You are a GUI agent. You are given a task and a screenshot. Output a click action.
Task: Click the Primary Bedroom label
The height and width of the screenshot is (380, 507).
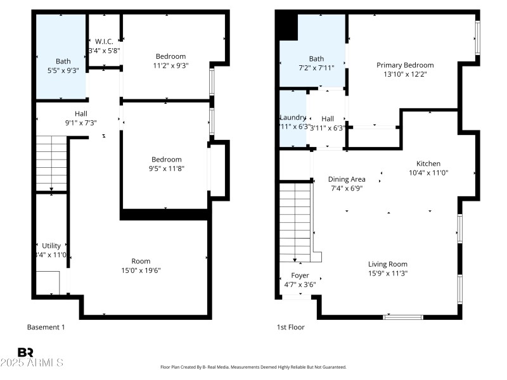tap(405, 65)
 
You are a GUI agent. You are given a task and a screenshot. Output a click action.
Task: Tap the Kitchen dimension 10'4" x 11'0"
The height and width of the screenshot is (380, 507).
tap(428, 172)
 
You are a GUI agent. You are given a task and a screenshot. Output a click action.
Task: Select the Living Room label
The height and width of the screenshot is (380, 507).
tap(387, 264)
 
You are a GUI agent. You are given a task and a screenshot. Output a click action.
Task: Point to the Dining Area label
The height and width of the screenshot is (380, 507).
tap(346, 179)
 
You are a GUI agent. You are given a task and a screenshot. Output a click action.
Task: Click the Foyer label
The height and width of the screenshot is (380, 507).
tap(300, 275)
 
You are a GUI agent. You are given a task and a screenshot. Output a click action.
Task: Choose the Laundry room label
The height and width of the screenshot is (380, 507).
tap(293, 118)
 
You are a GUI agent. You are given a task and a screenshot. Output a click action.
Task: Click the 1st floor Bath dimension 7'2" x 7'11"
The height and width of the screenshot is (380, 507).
tap(316, 68)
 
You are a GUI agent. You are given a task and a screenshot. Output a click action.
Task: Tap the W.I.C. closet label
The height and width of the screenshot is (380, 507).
tap(104, 41)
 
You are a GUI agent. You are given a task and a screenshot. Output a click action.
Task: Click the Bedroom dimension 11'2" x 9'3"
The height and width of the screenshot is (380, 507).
tap(170, 65)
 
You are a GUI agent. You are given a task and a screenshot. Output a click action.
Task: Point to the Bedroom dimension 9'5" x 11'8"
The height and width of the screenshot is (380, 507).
tap(166, 168)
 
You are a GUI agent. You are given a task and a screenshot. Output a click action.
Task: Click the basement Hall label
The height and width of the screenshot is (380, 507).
tap(81, 114)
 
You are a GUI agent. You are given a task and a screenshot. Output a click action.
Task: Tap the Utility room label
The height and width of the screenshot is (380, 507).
tap(51, 246)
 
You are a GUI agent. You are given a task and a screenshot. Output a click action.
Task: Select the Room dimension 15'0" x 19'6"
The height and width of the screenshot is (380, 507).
tap(141, 270)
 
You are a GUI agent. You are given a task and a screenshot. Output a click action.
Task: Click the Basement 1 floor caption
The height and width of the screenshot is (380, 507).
tap(46, 327)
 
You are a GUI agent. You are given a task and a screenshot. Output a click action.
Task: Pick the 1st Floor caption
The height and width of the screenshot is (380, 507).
tap(290, 327)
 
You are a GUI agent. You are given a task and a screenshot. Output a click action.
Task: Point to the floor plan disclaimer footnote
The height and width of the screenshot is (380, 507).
tap(253, 367)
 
